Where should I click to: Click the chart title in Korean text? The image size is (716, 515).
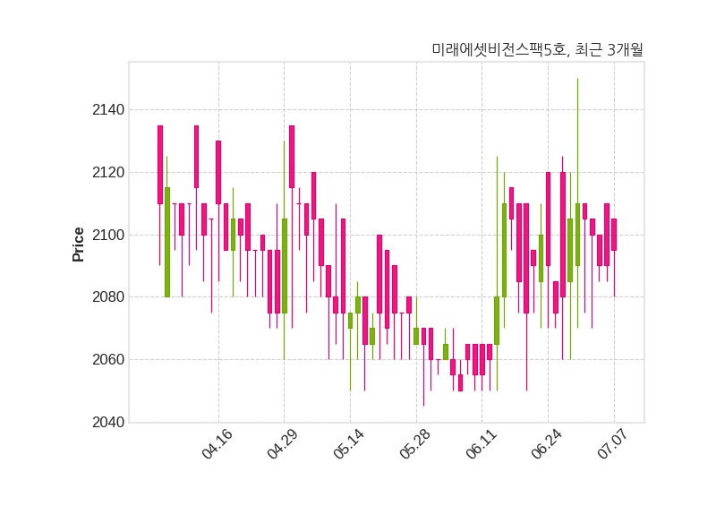[538, 49]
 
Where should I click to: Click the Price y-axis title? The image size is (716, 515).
[78, 245]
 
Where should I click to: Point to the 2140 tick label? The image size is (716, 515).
[108, 109]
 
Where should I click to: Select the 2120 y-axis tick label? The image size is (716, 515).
[108, 172]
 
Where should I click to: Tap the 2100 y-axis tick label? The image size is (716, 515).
[108, 235]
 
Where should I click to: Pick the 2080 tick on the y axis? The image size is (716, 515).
[108, 297]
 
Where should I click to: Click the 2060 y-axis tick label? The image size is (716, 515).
[108, 360]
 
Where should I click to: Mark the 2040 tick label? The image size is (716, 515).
[108, 422]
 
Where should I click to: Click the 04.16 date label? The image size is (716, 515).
[217, 444]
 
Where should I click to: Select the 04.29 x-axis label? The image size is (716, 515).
[283, 444]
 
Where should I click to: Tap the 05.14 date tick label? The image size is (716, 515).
[349, 444]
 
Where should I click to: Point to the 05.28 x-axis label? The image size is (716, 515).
[415, 444]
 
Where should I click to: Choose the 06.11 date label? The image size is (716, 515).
[481, 444]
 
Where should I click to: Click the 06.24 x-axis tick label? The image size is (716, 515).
[547, 444]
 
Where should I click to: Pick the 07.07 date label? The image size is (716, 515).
[613, 444]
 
